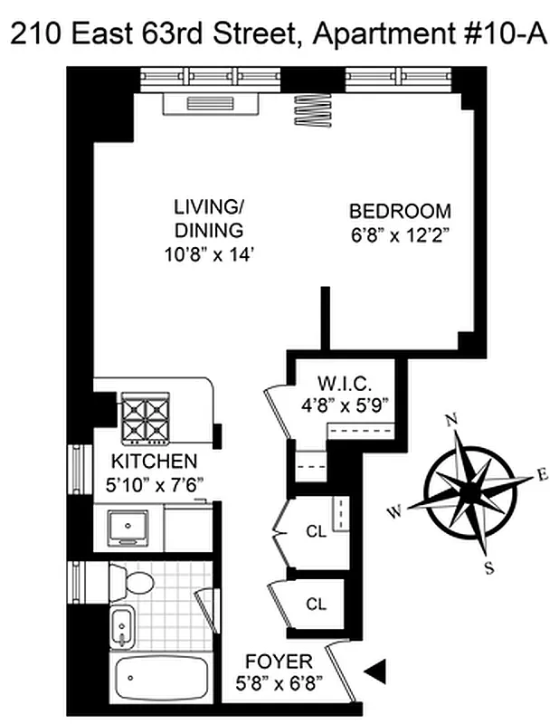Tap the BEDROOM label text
point(400,212)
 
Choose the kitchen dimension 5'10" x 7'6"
point(149,484)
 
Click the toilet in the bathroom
point(134,580)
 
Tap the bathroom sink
point(121,624)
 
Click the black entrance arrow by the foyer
point(374,671)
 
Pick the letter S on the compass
point(489,567)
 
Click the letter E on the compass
point(542,473)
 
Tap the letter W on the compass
point(395,513)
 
